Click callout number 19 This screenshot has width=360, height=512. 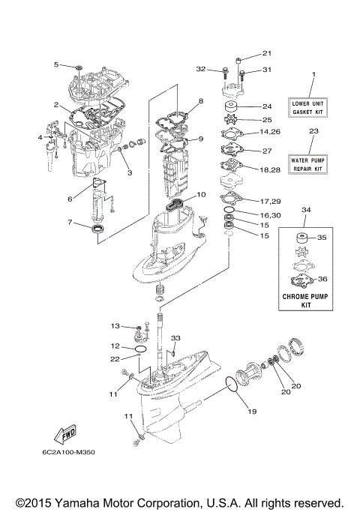pyautogui.click(x=251, y=412)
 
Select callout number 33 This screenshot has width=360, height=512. pyautogui.click(x=176, y=339)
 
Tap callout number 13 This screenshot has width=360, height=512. pyautogui.click(x=115, y=325)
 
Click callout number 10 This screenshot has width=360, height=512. pyautogui.click(x=200, y=194)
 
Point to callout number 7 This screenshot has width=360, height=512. pyautogui.click(x=70, y=223)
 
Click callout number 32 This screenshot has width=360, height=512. pyautogui.click(x=200, y=69)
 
